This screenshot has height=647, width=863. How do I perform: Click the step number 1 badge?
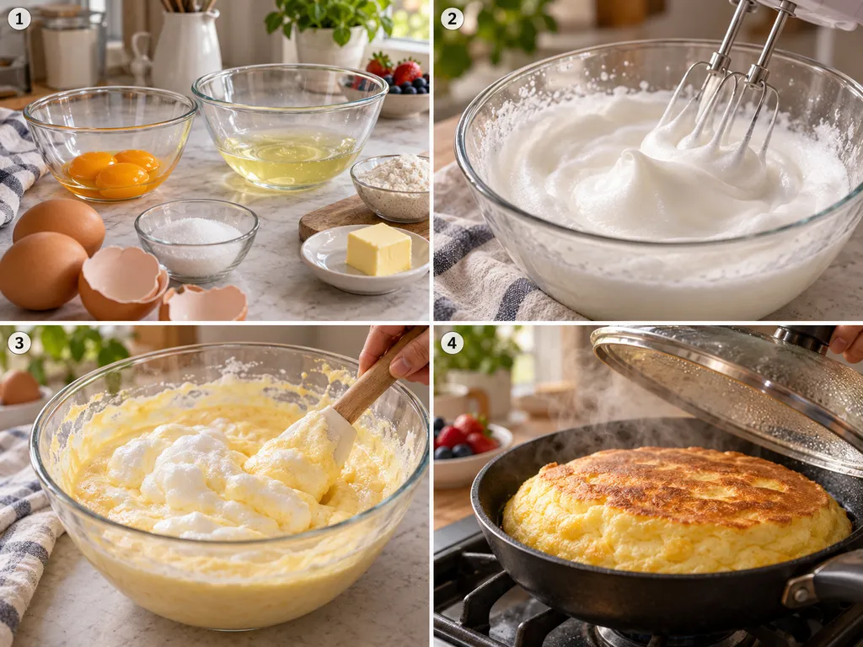[x=19, y=19]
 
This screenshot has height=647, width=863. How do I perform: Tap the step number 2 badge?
[x=452, y=19]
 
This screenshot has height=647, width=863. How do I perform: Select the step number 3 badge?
[x=19, y=344]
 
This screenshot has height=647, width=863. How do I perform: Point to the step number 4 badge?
[x=452, y=344]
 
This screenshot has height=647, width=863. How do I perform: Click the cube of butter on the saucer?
[x=378, y=249]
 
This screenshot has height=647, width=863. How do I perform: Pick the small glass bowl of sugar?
[x=196, y=239]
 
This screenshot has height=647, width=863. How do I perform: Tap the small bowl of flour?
[x=391, y=187]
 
